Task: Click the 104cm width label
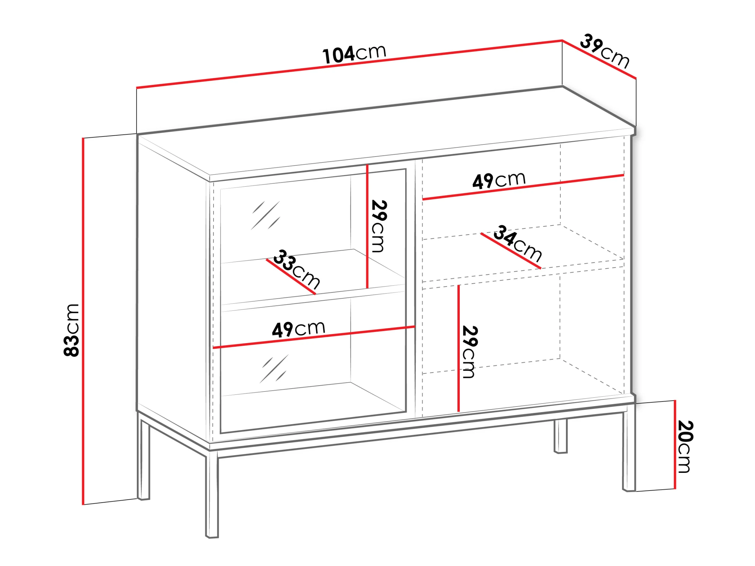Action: click(x=354, y=54)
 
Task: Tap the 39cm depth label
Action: click(x=605, y=51)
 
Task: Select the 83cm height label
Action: click(x=71, y=330)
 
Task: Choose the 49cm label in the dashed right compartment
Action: click(x=499, y=180)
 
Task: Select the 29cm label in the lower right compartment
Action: click(x=469, y=352)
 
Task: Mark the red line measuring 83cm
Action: click(x=83, y=321)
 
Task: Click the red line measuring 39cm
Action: click(x=599, y=59)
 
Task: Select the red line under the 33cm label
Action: click(x=291, y=277)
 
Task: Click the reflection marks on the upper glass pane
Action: click(x=266, y=215)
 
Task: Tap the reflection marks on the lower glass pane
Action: click(x=274, y=369)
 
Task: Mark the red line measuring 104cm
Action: click(x=349, y=64)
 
